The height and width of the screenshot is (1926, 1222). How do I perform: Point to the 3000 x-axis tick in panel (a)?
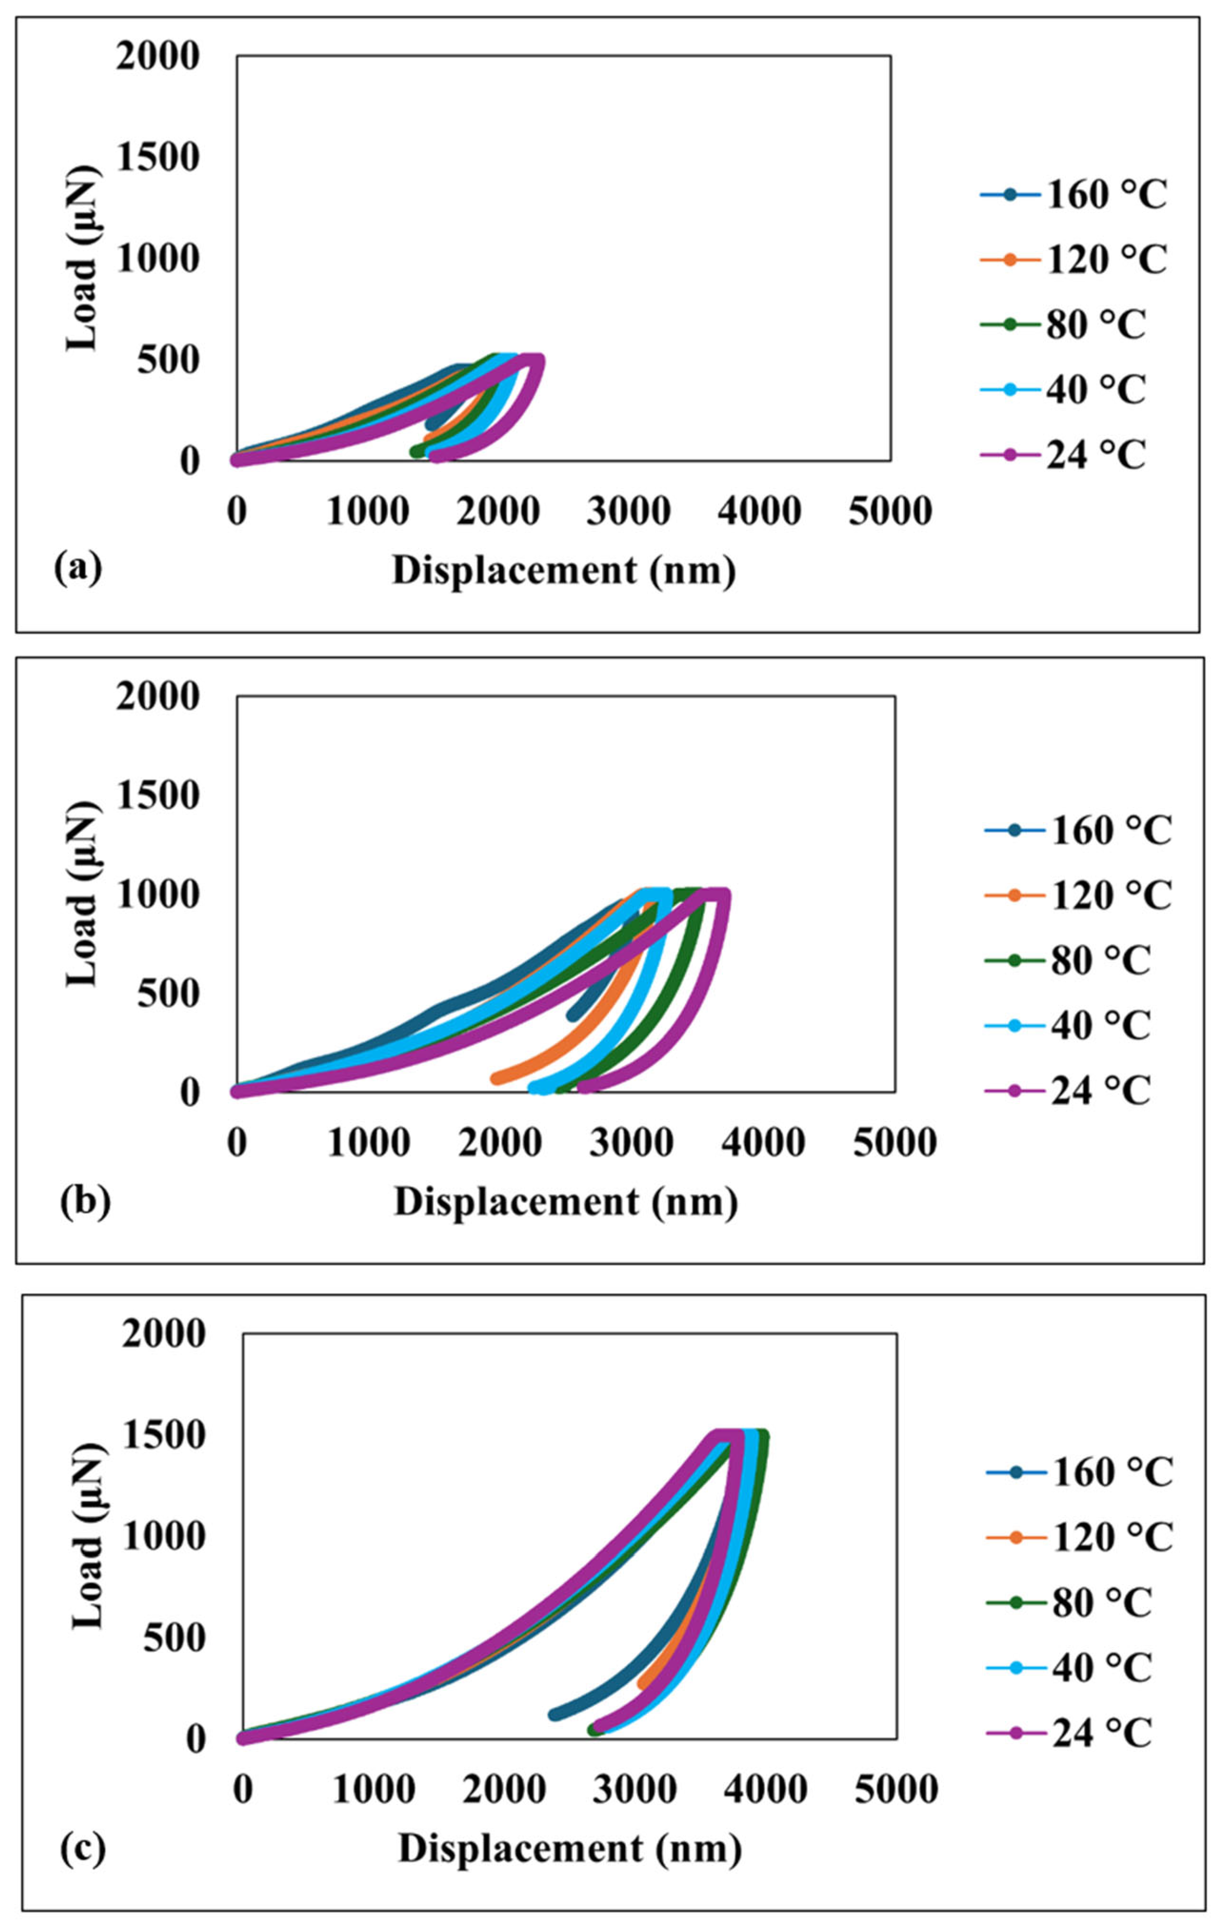point(628,510)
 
